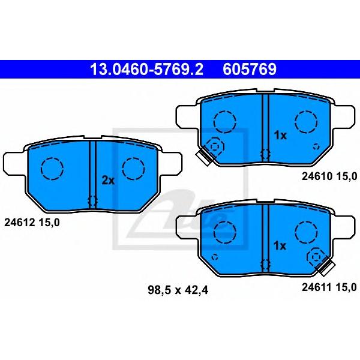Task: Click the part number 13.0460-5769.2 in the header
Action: coord(147,70)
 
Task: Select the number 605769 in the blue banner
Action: coord(250,70)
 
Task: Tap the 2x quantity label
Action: coord(108,181)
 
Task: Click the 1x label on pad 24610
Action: coord(280,136)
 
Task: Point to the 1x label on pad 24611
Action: coord(280,246)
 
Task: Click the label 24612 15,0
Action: coord(32,223)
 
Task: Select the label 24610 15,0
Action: coord(329,176)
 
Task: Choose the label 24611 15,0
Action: coord(329,287)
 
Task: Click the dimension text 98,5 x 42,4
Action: coord(178,290)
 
